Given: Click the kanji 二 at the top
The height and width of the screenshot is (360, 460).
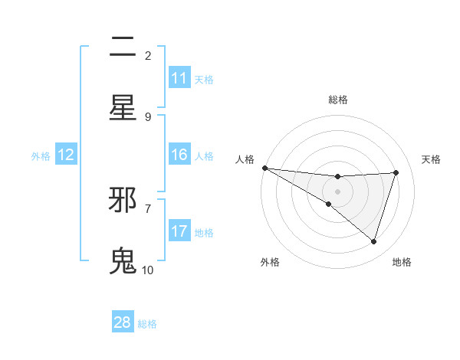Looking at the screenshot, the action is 123,48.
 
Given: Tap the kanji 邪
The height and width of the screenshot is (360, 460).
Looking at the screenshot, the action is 123,201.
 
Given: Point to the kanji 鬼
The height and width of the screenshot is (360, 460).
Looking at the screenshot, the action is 123,261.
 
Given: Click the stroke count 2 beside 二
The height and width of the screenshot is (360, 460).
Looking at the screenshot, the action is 148,56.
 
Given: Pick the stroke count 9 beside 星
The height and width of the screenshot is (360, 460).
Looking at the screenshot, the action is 148,116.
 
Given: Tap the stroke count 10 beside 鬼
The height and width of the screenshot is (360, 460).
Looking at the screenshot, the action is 148,270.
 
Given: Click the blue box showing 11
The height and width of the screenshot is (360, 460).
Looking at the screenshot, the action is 179,78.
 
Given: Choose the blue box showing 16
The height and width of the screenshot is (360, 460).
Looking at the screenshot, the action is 179,155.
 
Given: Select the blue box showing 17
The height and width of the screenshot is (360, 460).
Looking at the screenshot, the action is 179,231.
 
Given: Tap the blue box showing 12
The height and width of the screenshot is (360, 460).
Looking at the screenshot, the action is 66,155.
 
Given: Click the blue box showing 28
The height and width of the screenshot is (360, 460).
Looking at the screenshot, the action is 123,322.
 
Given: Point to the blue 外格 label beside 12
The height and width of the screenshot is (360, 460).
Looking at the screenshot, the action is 41,155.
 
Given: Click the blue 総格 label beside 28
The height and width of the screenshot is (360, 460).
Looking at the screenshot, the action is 147,323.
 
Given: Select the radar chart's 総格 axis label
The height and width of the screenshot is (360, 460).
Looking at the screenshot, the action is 338,100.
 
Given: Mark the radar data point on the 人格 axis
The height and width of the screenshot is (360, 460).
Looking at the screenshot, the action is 264,167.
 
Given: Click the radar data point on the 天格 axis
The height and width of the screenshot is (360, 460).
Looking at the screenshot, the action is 396,172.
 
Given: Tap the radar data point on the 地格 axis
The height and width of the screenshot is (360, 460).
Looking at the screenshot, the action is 374,241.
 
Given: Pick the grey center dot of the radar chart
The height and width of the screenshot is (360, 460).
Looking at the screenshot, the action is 338,191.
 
